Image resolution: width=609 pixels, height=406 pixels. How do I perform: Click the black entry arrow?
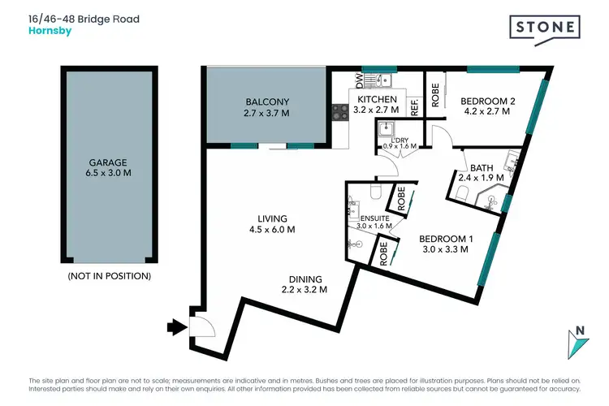[x=175, y=327]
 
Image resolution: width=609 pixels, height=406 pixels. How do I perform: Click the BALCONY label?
[x=267, y=101]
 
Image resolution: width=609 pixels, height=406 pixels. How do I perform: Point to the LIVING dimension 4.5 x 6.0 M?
[x=271, y=230]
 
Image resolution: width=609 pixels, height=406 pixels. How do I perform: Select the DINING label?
[x=304, y=279]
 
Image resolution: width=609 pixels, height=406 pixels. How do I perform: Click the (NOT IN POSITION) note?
[x=109, y=276]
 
